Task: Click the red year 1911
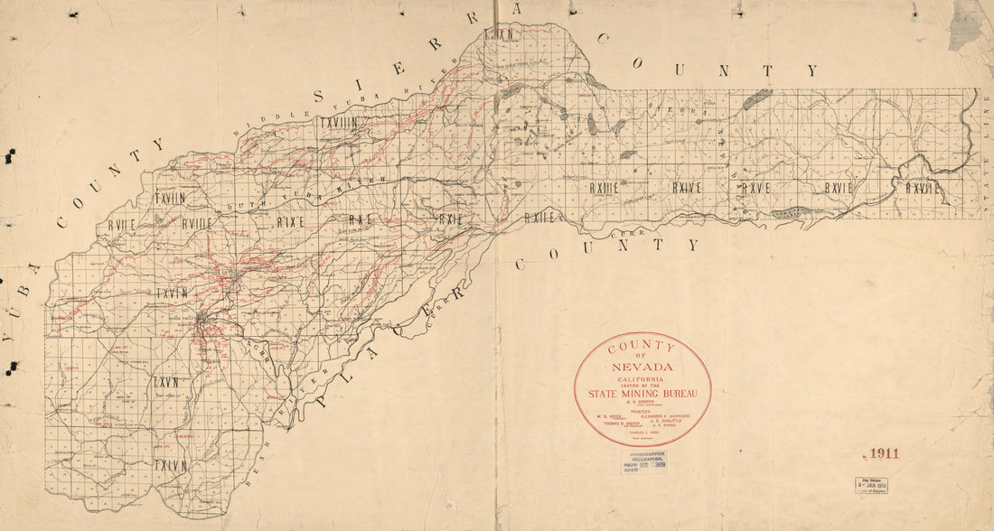(881, 453)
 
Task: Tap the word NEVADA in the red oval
(642, 367)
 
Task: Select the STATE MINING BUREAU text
(642, 392)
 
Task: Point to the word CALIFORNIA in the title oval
(642, 379)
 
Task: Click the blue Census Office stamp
(643, 462)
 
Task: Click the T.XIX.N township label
(498, 34)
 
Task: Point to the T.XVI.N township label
(170, 293)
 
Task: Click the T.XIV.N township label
(170, 465)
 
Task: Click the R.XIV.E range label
(687, 188)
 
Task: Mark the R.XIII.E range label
(604, 188)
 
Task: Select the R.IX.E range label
(290, 219)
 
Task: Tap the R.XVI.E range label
(839, 188)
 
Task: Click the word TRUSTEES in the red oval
(642, 409)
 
